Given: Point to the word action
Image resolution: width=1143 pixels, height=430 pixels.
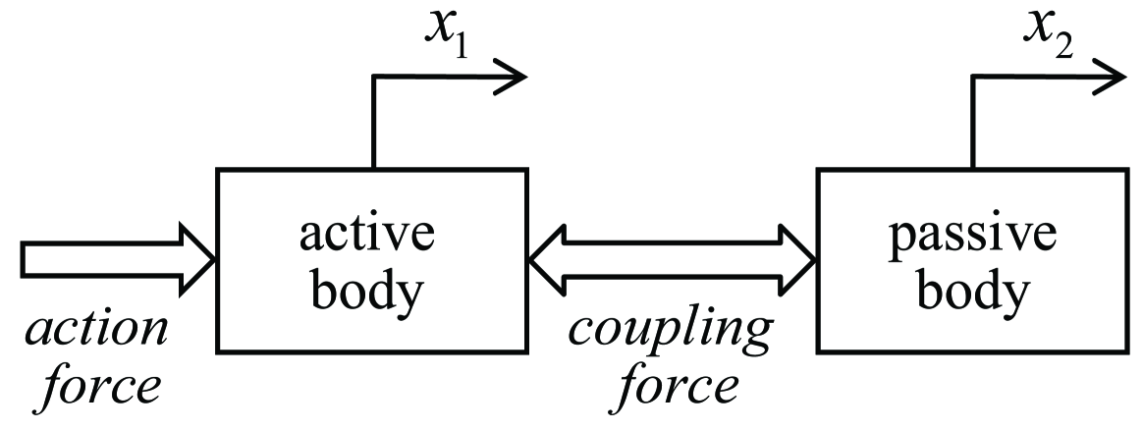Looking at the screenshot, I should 96,331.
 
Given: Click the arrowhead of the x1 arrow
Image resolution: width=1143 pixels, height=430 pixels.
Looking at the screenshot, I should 513,77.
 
